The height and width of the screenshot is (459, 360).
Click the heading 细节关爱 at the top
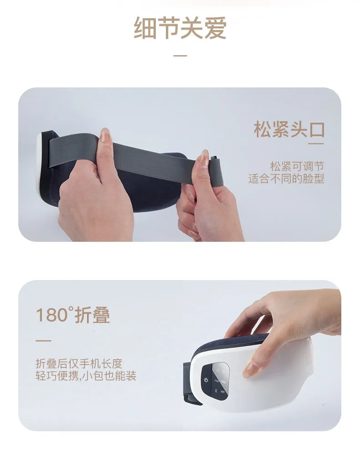click(x=180, y=28)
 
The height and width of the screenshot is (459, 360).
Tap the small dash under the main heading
click(x=180, y=56)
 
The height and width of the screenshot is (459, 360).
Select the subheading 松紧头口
click(x=289, y=129)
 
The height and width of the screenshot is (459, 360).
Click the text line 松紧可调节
click(x=297, y=166)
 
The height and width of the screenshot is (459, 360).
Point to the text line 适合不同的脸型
click(x=286, y=178)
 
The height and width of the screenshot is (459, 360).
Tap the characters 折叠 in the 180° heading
click(x=93, y=315)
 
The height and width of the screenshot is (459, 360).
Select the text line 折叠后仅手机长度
click(x=79, y=363)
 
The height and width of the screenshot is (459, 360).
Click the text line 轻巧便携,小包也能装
click(x=86, y=376)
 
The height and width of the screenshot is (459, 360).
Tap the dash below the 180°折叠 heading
click(x=43, y=341)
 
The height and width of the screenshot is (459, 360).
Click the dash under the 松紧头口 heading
click(x=316, y=143)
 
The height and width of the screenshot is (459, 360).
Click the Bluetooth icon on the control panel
click(x=215, y=391)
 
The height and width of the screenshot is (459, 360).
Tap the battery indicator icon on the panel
click(x=223, y=392)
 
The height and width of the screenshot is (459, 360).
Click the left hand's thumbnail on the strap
click(x=105, y=136)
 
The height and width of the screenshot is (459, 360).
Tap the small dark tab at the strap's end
click(x=214, y=158)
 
